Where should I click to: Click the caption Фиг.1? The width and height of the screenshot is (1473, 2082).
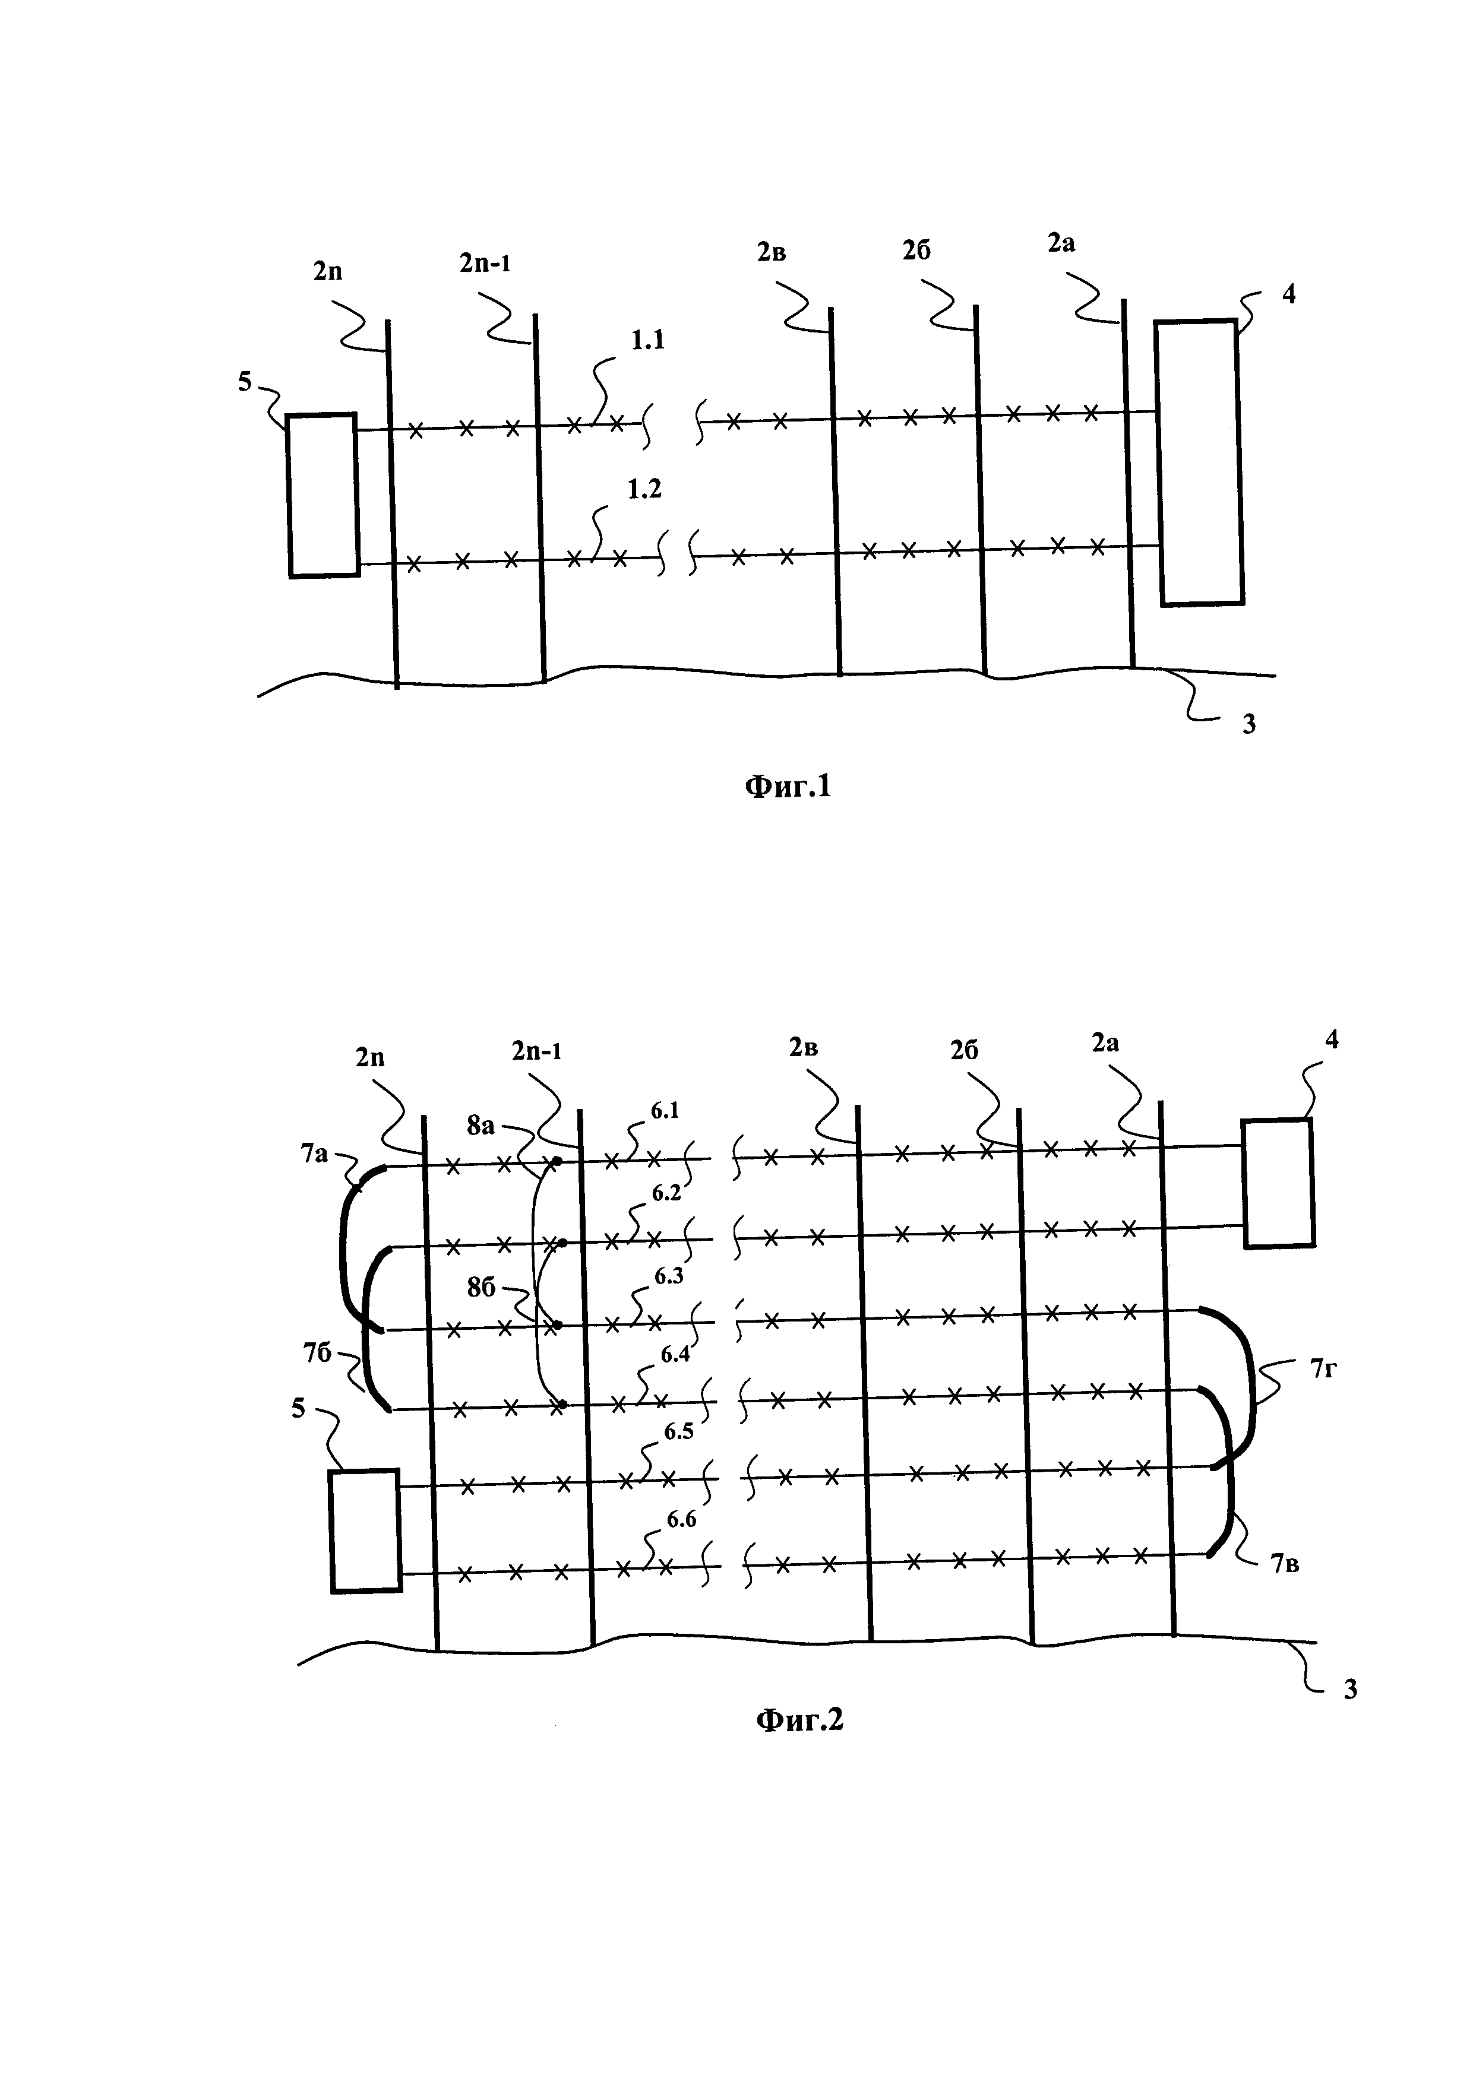pyautogui.click(x=788, y=785)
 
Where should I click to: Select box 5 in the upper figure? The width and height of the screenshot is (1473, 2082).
pyautogui.click(x=323, y=495)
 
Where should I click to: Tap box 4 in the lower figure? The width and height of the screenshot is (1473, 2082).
pyautogui.click(x=1278, y=1183)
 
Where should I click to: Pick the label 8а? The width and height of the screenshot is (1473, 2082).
pyautogui.click(x=481, y=1126)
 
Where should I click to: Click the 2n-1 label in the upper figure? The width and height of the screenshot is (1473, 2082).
pyautogui.click(x=484, y=264)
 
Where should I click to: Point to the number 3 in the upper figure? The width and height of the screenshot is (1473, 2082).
pyautogui.click(x=1249, y=724)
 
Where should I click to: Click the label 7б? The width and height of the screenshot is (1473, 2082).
pyautogui.click(x=317, y=1354)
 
